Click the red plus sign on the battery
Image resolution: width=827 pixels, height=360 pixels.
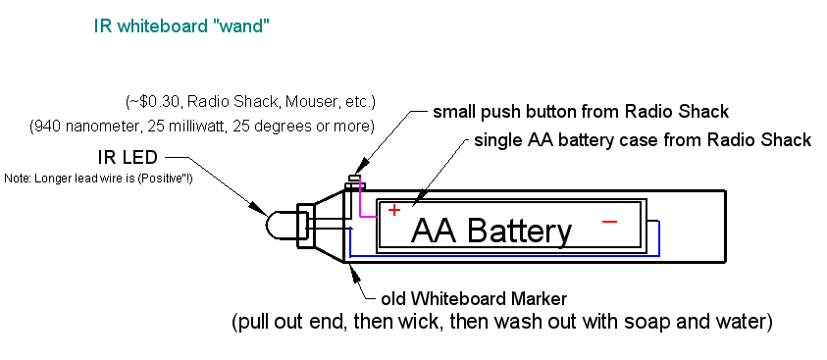394,210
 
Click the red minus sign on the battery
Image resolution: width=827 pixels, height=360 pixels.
609,222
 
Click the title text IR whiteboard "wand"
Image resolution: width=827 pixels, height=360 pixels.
181,26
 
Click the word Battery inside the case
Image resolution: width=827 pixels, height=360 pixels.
520,231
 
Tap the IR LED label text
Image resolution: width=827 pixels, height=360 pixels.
128,157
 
